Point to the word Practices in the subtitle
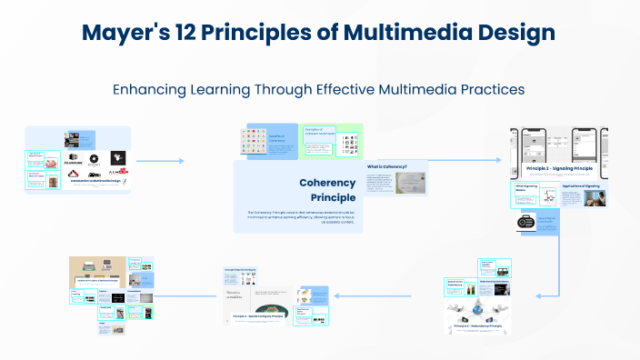[491, 90]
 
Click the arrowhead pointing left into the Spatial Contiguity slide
[336, 295]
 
